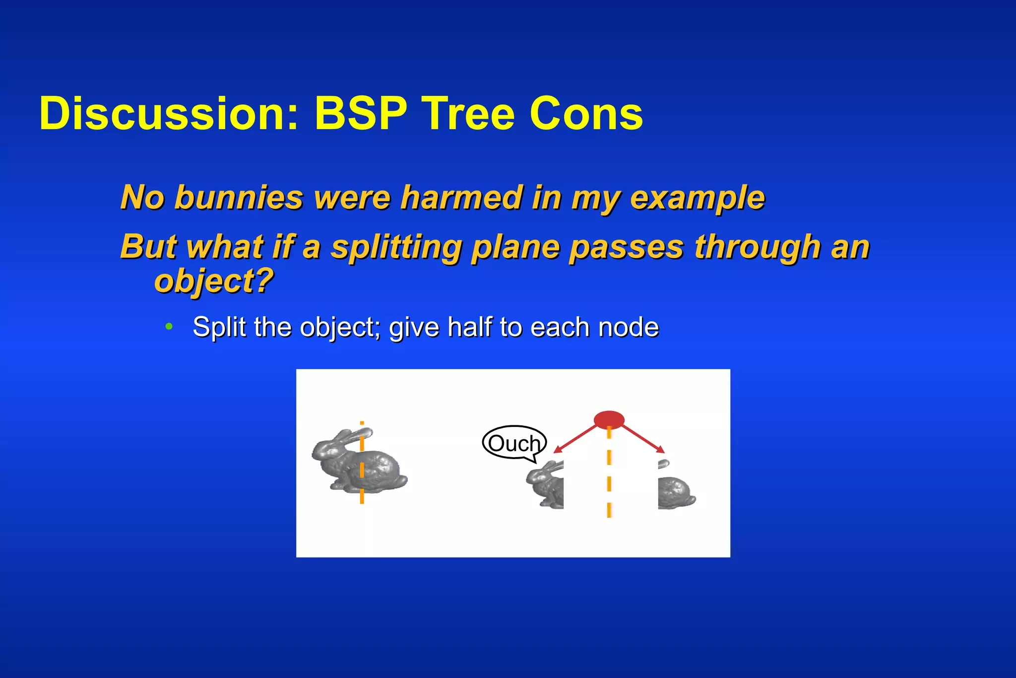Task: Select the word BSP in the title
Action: pyautogui.click(x=361, y=114)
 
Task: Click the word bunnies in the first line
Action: pyautogui.click(x=239, y=198)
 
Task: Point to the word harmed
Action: pyautogui.click(x=461, y=198)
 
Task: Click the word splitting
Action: pyautogui.click(x=396, y=247)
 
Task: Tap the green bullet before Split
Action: pyautogui.click(x=169, y=327)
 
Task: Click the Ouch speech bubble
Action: pyautogui.click(x=514, y=443)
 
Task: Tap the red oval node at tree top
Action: pyautogui.click(x=609, y=420)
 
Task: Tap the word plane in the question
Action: pyautogui.click(x=515, y=247)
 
